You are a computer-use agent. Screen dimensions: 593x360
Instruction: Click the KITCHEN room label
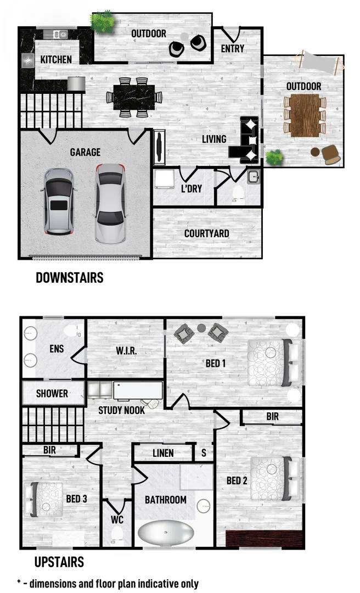pos(56,59)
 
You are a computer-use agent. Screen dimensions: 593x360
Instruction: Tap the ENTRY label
pos(232,49)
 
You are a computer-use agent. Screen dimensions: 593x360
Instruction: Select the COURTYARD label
pos(207,233)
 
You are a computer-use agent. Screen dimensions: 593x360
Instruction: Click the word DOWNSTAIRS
pos(69,278)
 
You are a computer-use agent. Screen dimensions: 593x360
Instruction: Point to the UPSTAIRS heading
pos(59,562)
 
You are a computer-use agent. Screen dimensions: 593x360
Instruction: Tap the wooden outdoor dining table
pos(304,115)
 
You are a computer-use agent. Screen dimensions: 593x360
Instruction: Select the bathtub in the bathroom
pos(166,533)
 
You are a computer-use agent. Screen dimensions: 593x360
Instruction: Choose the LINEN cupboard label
pos(163,453)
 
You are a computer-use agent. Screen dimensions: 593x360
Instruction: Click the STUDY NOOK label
pos(122,410)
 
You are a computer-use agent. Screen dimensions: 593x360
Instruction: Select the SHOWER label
pos(52,393)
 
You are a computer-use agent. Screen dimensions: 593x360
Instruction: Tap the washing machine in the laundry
pos(164,179)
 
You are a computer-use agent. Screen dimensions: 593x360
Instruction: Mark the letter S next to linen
pos(204,453)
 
